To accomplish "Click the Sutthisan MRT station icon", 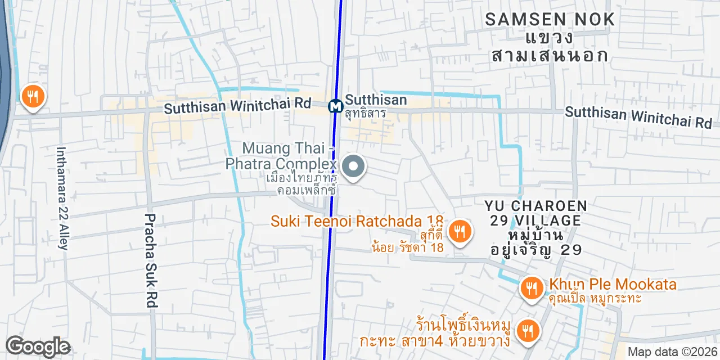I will (336, 105).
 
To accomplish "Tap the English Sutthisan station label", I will (376, 100).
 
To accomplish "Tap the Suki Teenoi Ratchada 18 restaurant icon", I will (460, 231).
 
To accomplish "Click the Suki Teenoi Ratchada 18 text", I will (357, 221).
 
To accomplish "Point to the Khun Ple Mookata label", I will (613, 285).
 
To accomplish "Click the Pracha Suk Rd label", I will (150, 260).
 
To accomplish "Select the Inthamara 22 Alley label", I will (61, 198).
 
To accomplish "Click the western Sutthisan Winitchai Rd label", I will (237, 105).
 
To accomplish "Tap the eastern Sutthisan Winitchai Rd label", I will (638, 117).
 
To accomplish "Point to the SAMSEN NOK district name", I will (550, 20).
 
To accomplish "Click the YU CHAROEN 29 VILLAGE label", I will (536, 213).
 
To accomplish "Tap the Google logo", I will (38, 346).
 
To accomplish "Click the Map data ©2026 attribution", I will (673, 352).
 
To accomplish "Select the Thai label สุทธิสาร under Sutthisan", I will (366, 113).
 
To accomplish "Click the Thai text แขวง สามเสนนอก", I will (549, 47).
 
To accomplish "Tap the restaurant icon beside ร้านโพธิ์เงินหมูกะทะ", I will (528, 331).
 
